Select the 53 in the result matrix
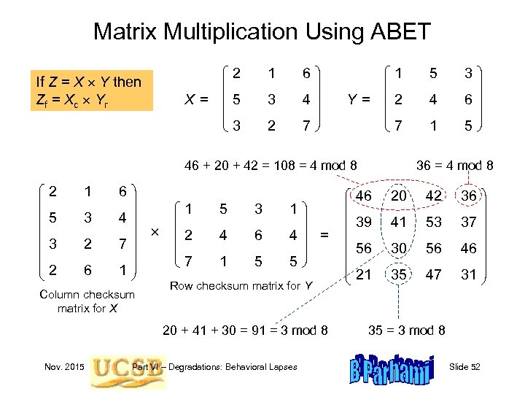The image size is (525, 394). coord(435,222)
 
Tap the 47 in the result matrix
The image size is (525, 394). coord(435,274)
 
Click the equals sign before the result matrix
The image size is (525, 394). coord(325,235)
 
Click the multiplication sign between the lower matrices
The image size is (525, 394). coord(154,231)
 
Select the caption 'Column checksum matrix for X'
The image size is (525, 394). coord(85,301)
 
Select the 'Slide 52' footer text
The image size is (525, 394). coord(465,366)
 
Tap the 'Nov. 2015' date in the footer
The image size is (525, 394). coord(62,366)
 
